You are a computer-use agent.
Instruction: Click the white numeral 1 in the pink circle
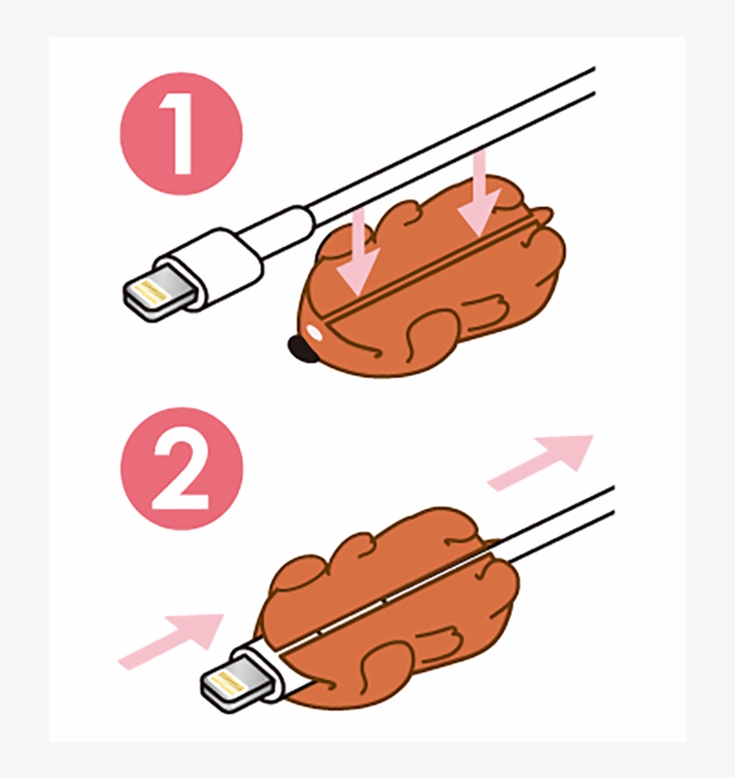(182, 135)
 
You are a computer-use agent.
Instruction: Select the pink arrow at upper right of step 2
(542, 461)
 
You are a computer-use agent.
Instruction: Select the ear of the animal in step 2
(359, 547)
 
